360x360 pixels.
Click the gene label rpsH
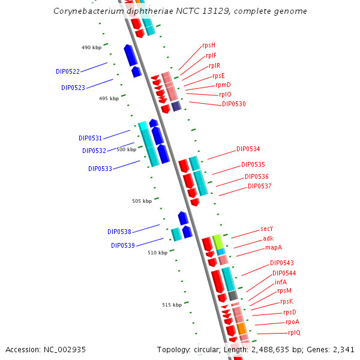point(209,46)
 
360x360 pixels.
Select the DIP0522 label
point(68,71)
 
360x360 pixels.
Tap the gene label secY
point(267,229)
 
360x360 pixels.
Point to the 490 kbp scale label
point(91,47)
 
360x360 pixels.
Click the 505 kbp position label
point(142,201)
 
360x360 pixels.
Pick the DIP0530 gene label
point(234,104)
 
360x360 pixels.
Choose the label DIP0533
point(100,169)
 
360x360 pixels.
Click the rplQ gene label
point(295,332)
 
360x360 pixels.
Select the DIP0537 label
point(260,186)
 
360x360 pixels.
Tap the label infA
point(281,282)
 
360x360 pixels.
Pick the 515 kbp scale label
point(172,305)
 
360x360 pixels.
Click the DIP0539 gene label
point(123,245)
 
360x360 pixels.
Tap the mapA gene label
point(274,247)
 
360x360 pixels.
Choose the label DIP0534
point(248,149)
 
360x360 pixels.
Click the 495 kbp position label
point(109,98)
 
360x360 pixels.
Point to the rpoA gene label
point(293,322)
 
